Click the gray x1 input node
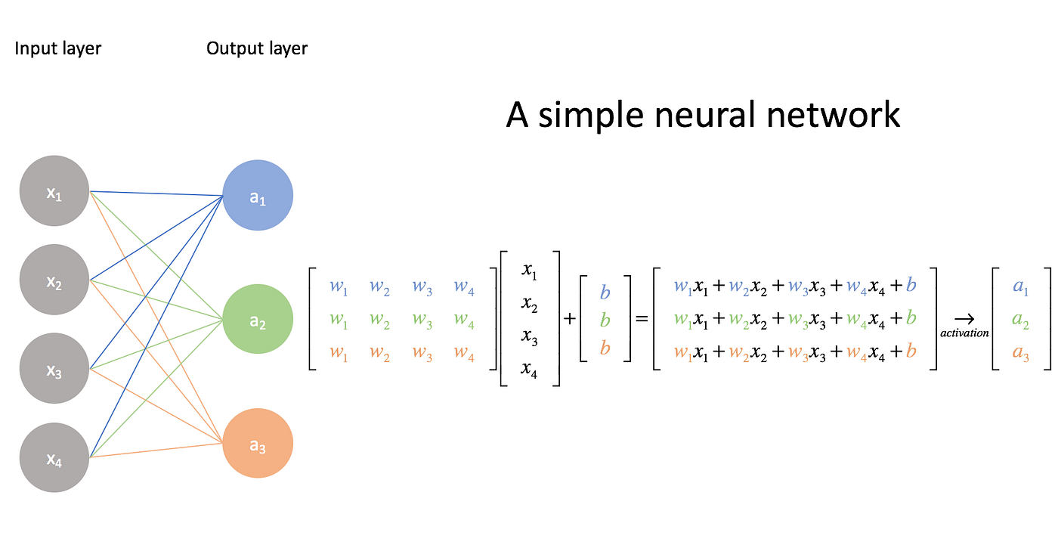(x=54, y=191)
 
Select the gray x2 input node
(x=54, y=280)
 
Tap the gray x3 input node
(x=54, y=369)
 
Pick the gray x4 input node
(x=54, y=457)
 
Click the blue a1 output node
(x=258, y=196)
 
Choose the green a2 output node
(x=258, y=320)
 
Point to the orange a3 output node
(x=258, y=444)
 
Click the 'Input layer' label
(x=58, y=49)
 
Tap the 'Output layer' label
(x=257, y=49)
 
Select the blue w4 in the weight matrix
(x=464, y=287)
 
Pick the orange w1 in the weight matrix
(x=339, y=354)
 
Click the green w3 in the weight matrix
(x=422, y=320)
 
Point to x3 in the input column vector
(x=529, y=338)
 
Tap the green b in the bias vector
(x=605, y=320)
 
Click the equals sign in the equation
(x=642, y=320)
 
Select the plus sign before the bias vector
(x=570, y=320)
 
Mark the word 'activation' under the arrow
(x=964, y=333)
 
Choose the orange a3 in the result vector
(x=1021, y=354)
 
